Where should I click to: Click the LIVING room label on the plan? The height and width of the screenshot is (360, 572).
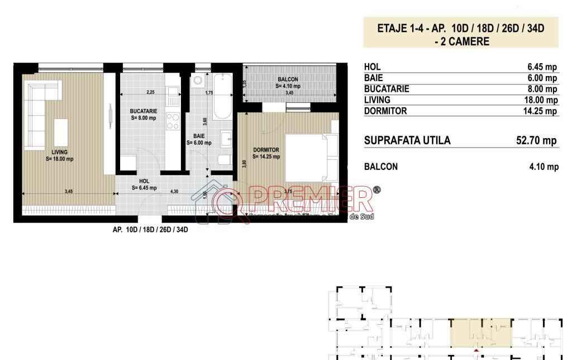[x=60, y=151]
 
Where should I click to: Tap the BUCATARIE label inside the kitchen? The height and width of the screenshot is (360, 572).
[x=144, y=111]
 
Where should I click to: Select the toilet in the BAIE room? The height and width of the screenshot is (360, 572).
[x=224, y=160]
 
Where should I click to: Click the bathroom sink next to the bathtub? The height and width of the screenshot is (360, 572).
[x=226, y=138]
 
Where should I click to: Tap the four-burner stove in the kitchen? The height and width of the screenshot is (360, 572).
[x=173, y=121]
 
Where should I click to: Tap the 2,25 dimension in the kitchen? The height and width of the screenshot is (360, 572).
[x=150, y=92]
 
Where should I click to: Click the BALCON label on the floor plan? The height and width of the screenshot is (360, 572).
[x=288, y=79]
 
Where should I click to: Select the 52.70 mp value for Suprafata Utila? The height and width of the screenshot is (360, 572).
[x=536, y=140]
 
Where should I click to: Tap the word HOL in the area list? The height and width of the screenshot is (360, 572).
[x=372, y=67]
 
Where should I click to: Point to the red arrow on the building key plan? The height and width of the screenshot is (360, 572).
[x=476, y=351]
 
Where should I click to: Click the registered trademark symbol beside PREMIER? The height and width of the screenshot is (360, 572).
[x=376, y=191]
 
